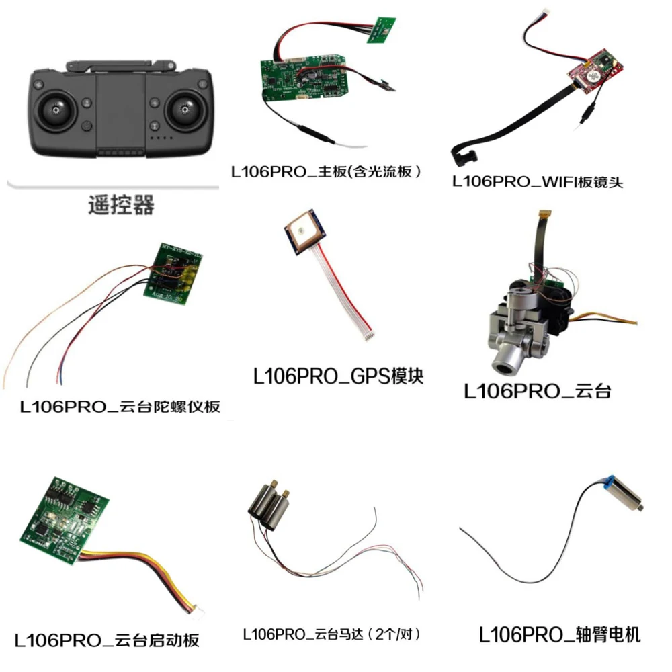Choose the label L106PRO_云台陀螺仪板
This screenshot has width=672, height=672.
pyautogui.click(x=120, y=407)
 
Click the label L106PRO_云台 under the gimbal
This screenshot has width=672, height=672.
pyautogui.click(x=538, y=391)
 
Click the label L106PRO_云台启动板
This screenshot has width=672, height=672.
pyautogui.click(x=108, y=640)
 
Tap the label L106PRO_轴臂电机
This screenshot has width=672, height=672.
pyautogui.click(x=560, y=634)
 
